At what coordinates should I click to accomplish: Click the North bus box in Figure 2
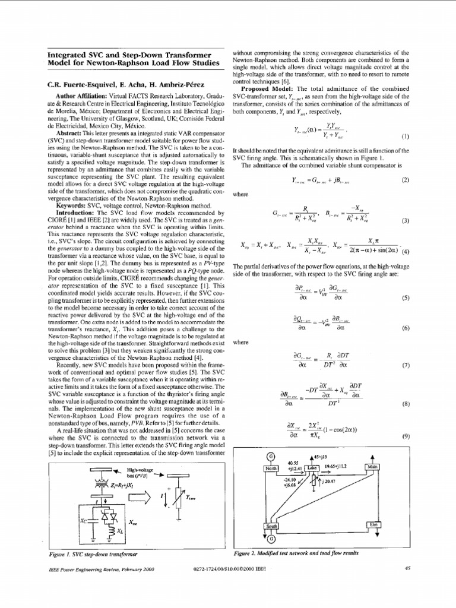(271, 468)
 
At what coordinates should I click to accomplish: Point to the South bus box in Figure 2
(271, 526)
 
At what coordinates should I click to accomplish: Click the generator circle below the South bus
(271, 539)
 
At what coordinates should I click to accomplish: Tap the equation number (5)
(406, 298)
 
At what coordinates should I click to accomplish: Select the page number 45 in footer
(407, 568)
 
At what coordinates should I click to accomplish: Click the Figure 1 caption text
(92, 553)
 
